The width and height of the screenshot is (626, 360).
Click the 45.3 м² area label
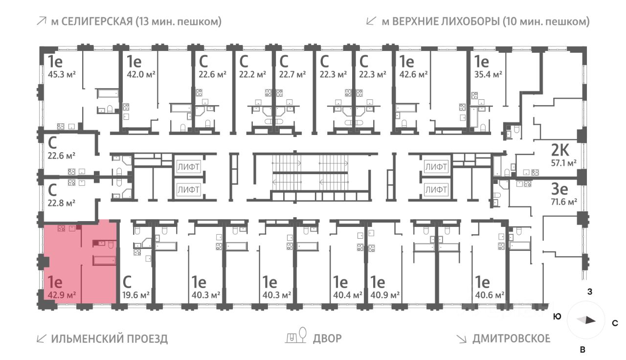62,74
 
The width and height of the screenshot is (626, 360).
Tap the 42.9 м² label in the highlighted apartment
62,295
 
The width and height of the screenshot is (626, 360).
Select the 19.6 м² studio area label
136,295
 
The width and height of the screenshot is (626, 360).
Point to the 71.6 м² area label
564,202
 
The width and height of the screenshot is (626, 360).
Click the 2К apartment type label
560,150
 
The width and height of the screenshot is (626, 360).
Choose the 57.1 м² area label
564,163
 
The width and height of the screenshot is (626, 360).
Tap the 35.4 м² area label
488,74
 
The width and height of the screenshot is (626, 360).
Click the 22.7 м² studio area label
292,74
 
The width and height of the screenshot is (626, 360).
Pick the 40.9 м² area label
385,295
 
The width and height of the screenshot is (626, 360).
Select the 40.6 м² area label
490,295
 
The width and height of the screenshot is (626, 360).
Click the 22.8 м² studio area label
62,202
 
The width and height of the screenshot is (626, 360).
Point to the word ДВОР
327,339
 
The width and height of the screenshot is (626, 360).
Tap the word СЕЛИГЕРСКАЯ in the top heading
97,22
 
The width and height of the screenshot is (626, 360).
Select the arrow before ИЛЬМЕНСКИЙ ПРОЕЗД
42,339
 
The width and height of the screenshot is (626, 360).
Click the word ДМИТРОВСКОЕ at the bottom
511,339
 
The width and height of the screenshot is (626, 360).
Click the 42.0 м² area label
141,74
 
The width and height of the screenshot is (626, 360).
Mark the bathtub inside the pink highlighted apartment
104,261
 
